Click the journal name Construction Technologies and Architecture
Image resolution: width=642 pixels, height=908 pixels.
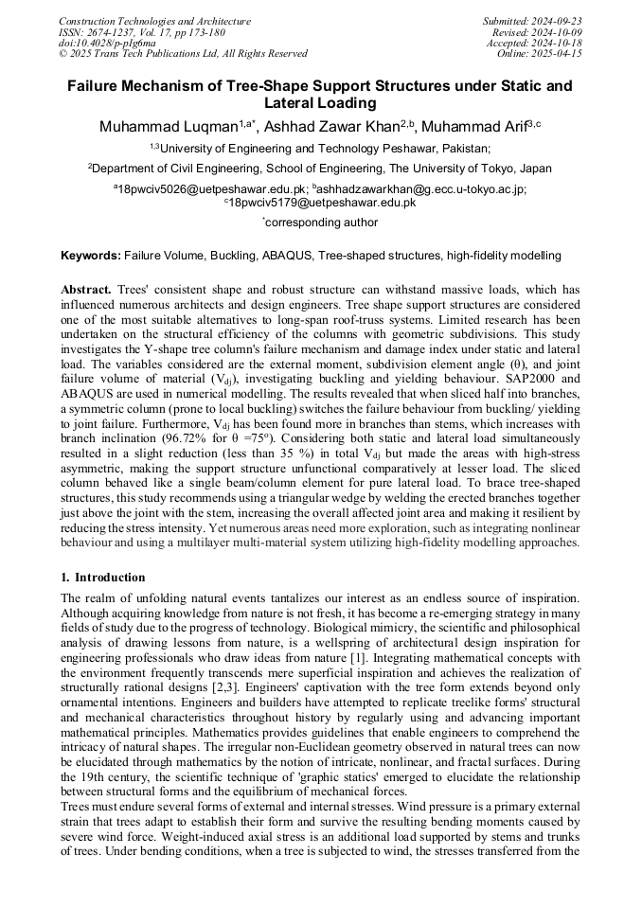[x=154, y=21]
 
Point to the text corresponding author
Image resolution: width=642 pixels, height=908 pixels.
[x=322, y=223]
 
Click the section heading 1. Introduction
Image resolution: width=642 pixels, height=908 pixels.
[x=103, y=578]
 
